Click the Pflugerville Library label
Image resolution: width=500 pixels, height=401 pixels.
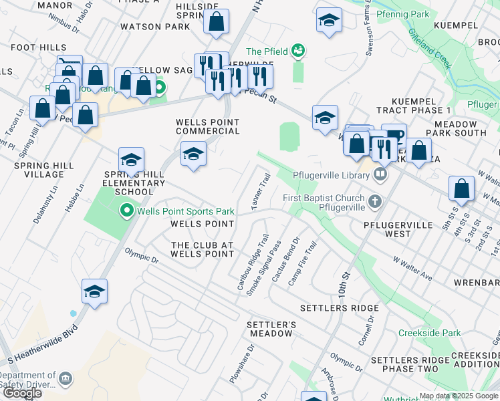(331, 176)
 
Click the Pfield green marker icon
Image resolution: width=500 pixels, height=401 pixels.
(298, 51)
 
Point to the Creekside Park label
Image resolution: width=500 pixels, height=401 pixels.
(429, 333)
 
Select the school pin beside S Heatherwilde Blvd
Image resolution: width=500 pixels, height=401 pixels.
(95, 291)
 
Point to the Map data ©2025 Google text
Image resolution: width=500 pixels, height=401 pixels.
(459, 396)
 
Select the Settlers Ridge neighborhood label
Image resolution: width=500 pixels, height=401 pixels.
(339, 308)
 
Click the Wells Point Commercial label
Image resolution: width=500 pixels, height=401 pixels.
(207, 127)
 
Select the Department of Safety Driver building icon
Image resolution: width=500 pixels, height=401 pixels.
(65, 379)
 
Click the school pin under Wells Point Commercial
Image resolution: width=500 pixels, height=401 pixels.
(193, 154)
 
